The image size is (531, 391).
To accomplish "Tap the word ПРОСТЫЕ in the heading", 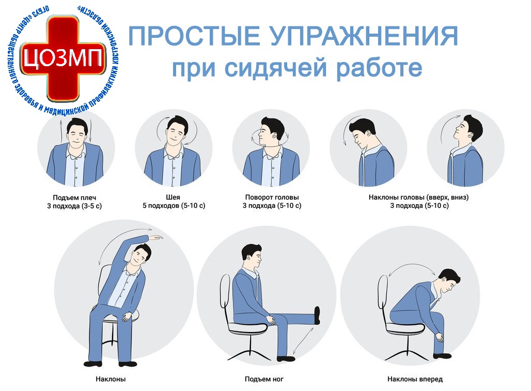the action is tap(194, 36).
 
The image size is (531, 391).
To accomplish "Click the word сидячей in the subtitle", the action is tap(276, 68).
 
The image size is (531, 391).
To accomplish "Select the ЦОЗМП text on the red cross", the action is tap(63, 58).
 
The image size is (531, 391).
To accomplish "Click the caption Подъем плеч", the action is tap(74, 198).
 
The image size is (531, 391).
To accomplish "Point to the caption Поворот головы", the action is tap(272, 197).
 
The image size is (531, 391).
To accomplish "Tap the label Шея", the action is tap(173, 197).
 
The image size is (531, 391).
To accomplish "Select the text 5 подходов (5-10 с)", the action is tap(174, 205).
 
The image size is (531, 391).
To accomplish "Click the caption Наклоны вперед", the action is tap(415, 379).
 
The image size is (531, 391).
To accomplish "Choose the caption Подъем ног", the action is tap(264, 379).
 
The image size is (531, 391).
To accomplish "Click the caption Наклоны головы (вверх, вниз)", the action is tap(418, 197).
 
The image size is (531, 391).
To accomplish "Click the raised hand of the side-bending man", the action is tap(156, 238).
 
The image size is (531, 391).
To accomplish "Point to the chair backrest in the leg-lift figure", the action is tap(225, 291).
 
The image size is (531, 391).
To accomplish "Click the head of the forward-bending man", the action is tap(449, 282).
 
